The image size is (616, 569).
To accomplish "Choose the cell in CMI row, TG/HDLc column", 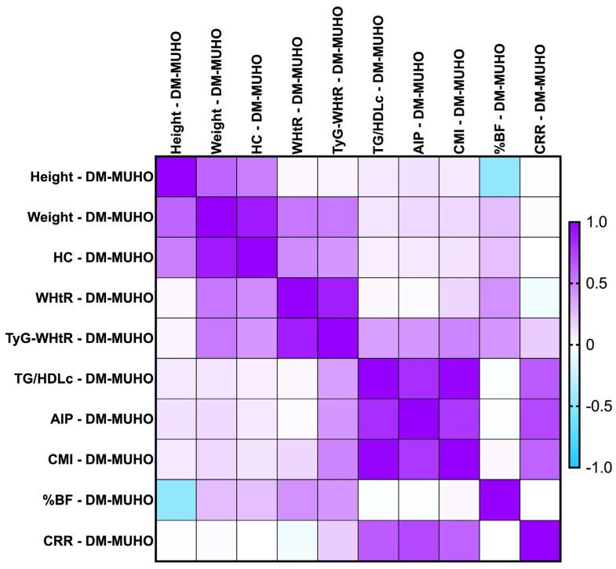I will coord(378,459).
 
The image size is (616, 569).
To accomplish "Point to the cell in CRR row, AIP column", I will coord(418,540).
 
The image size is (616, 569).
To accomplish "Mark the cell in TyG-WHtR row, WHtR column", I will coord(297,338).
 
